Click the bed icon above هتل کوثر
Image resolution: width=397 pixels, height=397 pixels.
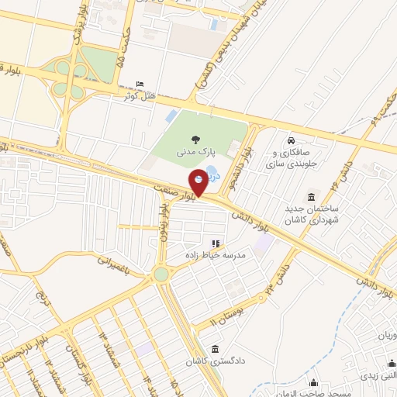pyautogui.click(x=140, y=84)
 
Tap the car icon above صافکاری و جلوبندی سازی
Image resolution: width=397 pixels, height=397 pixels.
pyautogui.click(x=290, y=142)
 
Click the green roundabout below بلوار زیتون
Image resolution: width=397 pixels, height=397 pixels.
pyautogui.click(x=161, y=274)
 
